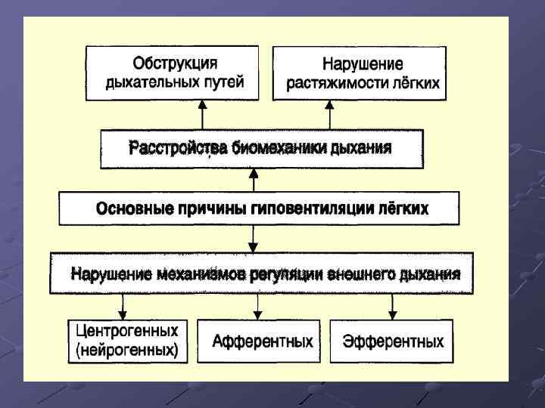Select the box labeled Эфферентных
coord(392,342)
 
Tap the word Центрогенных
coord(127,332)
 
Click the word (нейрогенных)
coord(127,351)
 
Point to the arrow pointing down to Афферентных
coord(258,305)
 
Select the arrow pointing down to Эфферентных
coord(392,305)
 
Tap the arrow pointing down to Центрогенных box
coord(123,305)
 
